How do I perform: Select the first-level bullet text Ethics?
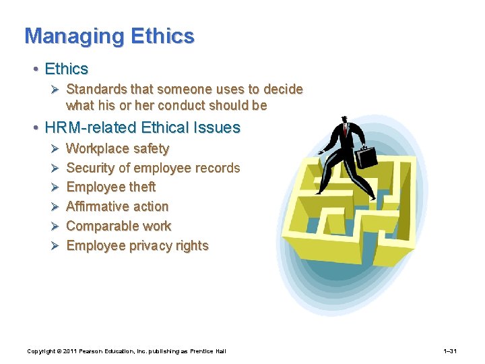pos(66,69)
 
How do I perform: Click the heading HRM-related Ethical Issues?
pos(142,127)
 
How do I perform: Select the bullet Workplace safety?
pos(117,148)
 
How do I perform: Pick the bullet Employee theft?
pos(110,187)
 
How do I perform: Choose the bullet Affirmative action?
pos(117,206)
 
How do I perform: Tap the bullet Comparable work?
pos(119,226)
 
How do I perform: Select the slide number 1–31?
pos(450,351)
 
